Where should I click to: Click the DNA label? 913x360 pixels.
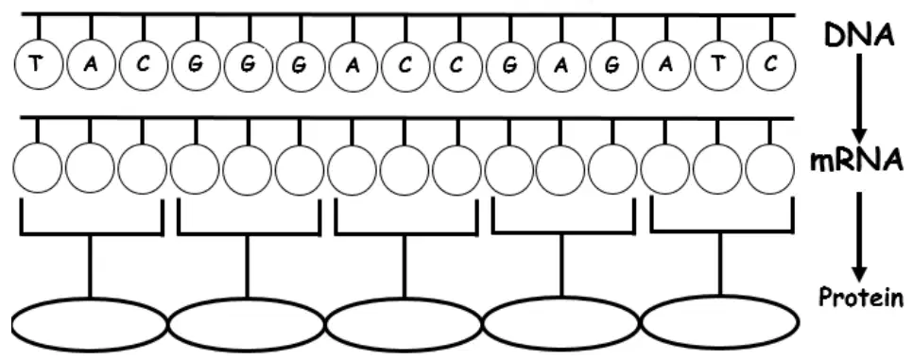coord(859,36)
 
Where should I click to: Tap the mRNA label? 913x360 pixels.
coord(856,162)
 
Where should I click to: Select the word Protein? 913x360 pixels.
coord(861,299)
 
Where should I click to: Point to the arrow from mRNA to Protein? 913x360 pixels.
coord(859,236)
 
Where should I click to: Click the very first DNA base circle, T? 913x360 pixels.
coord(37,65)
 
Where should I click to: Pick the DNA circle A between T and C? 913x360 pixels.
coord(90,65)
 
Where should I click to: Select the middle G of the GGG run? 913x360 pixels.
coord(249,65)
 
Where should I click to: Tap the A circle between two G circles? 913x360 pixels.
coord(560,65)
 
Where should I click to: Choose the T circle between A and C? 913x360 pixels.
coord(718,65)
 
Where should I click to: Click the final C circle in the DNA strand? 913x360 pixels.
coord(770,65)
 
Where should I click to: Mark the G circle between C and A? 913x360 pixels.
coord(509,65)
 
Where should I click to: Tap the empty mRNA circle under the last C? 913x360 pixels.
coord(769,169)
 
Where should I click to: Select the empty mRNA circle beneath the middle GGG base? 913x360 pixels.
coord(247,169)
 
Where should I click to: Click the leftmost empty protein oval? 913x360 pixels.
coord(90,325)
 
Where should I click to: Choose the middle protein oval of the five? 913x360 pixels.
coord(405,325)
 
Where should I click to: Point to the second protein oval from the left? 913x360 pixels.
coord(247,325)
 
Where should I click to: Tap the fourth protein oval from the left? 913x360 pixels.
coord(561,323)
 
